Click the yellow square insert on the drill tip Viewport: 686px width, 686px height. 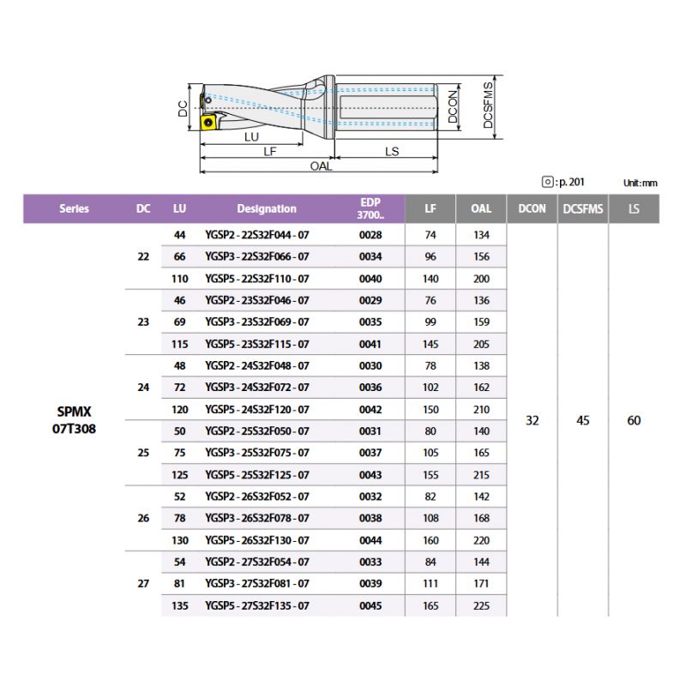click(x=208, y=122)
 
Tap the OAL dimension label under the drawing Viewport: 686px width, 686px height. click(x=321, y=166)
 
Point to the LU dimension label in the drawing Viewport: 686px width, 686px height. click(x=251, y=137)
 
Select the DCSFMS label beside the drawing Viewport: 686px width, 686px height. click(x=488, y=105)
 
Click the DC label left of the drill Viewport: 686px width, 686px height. click(x=183, y=109)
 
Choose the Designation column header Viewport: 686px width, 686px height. click(x=267, y=208)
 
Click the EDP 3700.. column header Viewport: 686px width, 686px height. click(x=370, y=208)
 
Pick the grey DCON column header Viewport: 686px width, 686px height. click(x=532, y=208)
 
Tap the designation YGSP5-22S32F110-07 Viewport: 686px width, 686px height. click(x=257, y=279)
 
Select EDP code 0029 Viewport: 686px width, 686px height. click(x=370, y=301)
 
